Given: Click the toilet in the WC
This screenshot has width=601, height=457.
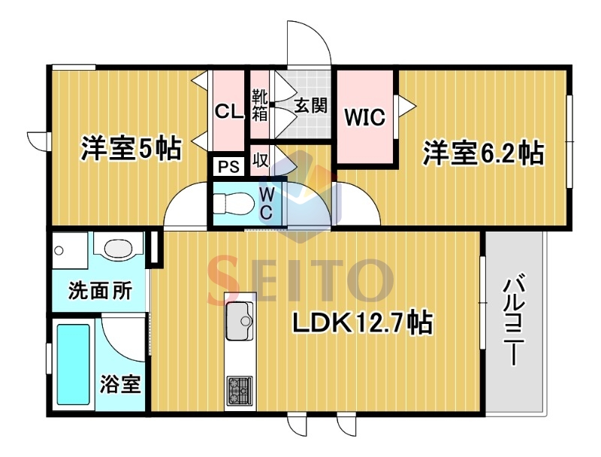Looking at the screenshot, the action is coord(233,203).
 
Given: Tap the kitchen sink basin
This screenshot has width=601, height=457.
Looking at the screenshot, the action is coord(239,321).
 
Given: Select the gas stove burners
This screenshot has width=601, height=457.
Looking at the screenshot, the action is coord(240,390).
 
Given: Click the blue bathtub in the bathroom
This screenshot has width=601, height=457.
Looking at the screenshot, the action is coord(73,365).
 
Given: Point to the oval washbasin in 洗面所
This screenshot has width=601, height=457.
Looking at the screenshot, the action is coord(118,250).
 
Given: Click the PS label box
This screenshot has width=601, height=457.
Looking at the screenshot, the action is coord(228,167).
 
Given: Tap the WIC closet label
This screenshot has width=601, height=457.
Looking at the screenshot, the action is coord(364,117).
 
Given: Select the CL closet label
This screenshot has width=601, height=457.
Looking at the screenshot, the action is coord(229,111).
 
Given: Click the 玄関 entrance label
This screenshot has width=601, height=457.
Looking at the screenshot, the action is coord(310,105).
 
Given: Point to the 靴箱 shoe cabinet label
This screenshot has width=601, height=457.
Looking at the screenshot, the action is coord(259,105).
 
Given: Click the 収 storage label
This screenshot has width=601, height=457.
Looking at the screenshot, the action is coord(260,160).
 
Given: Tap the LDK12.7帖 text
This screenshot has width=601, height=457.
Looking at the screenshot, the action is coord(363,322).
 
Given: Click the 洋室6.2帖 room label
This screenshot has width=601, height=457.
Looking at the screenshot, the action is coord(483,153).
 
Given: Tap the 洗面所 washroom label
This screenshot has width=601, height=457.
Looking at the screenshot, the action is coord(100,291).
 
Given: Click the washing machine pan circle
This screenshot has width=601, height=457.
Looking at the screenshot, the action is coord(59,251).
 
